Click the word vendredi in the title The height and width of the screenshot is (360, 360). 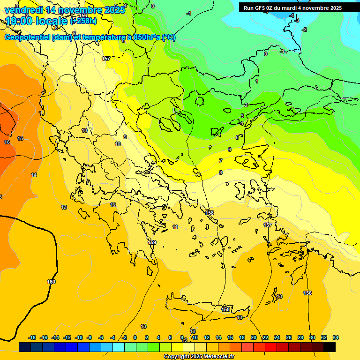23,10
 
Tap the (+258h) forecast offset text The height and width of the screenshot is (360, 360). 83,21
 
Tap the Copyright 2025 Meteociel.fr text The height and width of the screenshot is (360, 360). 199,357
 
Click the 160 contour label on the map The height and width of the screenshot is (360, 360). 51,282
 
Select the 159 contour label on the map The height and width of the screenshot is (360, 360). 152,242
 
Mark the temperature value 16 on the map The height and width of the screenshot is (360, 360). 7,142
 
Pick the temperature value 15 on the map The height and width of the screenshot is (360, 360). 20,138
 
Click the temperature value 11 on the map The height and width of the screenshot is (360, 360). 175,227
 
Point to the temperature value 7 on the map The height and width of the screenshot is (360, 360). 220,161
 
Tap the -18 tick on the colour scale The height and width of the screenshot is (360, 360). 32,337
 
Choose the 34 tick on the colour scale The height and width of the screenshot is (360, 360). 336,337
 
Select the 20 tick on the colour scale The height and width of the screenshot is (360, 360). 254,337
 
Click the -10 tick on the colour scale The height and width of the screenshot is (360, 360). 79,337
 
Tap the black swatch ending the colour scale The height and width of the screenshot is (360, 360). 330,347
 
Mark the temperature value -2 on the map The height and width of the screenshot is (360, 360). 304,30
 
